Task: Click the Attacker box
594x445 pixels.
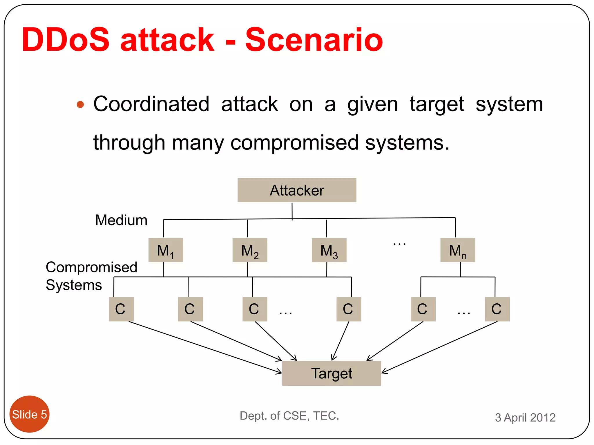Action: click(x=297, y=190)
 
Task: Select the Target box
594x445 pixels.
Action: click(x=331, y=373)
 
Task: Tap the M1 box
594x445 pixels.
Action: click(x=166, y=250)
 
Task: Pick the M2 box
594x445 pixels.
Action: click(x=250, y=250)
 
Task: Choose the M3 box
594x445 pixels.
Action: click(x=329, y=250)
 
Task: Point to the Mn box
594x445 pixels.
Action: click(x=458, y=250)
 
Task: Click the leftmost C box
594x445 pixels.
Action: click(x=121, y=309)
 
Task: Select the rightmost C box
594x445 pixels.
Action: click(x=497, y=309)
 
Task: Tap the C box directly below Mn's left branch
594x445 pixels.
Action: click(x=423, y=309)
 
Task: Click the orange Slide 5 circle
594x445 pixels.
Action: click(x=29, y=414)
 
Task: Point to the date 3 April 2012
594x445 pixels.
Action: click(x=525, y=417)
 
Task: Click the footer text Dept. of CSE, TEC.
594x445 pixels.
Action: click(x=289, y=416)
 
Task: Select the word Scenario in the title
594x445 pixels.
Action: click(x=314, y=40)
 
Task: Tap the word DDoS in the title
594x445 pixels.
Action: click(x=66, y=40)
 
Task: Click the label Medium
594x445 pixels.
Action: click(x=121, y=220)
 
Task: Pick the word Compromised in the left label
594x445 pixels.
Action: click(x=91, y=267)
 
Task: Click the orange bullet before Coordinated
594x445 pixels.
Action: click(x=80, y=105)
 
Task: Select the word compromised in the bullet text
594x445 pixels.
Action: click(x=294, y=143)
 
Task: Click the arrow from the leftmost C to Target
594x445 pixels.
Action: click(x=203, y=346)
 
